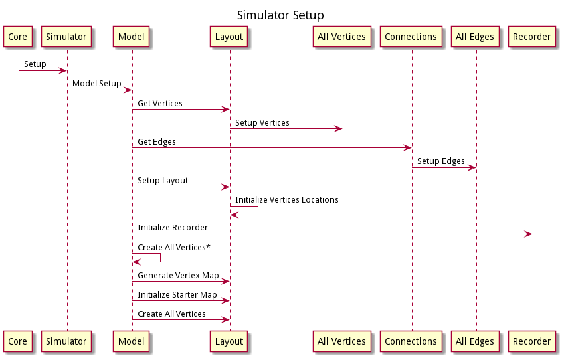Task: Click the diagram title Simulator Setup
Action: click(x=280, y=15)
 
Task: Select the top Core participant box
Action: click(x=18, y=37)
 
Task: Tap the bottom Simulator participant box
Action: click(x=66, y=341)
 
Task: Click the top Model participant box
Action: click(x=132, y=37)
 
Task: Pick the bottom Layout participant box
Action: click(x=229, y=341)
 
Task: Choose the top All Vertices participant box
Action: click(x=341, y=37)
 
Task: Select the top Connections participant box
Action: click(x=411, y=37)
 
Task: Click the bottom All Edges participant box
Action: click(x=475, y=341)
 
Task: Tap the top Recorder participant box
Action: click(x=532, y=37)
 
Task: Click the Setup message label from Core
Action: click(x=35, y=64)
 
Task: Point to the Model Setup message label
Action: click(x=96, y=84)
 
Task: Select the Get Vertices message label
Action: click(x=160, y=104)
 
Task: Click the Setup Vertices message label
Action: click(x=262, y=123)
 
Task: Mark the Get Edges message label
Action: click(x=157, y=142)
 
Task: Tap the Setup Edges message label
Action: click(x=440, y=161)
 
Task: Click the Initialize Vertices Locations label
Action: click(x=286, y=200)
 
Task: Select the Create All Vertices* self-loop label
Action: click(x=174, y=247)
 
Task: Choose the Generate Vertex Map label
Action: click(x=178, y=275)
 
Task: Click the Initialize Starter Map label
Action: click(x=177, y=294)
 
